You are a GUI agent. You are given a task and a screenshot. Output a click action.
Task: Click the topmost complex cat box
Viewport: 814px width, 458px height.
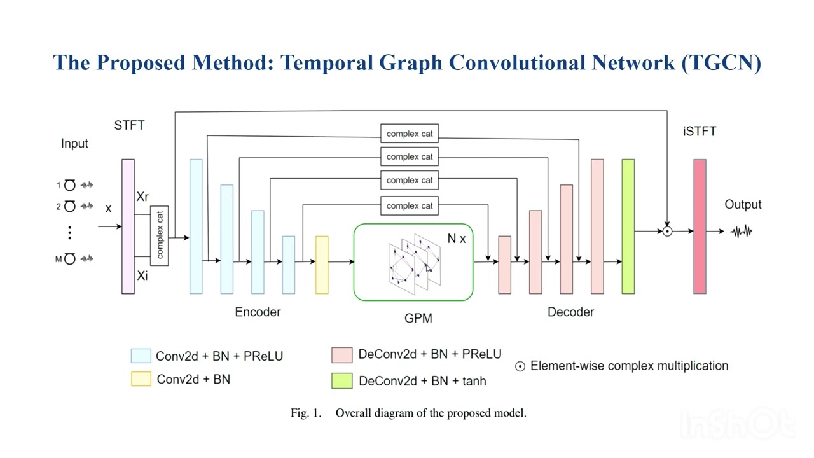(x=410, y=134)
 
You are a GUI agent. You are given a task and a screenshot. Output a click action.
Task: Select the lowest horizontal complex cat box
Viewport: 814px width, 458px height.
(x=410, y=205)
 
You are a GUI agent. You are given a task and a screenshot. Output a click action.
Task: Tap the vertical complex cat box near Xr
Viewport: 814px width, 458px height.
(x=159, y=235)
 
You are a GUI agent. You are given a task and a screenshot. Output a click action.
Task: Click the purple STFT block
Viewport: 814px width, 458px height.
(x=128, y=226)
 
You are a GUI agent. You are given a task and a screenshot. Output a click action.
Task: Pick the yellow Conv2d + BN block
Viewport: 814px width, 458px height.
(x=322, y=265)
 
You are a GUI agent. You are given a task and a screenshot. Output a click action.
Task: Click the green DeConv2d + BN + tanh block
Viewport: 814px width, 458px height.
(x=628, y=226)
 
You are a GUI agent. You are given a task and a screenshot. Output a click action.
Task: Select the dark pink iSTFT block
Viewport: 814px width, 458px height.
(x=700, y=226)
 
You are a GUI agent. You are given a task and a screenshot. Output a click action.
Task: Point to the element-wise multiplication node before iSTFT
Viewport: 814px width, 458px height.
(x=667, y=232)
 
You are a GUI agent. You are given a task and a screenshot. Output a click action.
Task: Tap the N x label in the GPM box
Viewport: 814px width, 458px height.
(x=456, y=239)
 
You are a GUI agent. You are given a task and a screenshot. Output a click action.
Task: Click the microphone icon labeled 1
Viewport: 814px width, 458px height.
(x=70, y=185)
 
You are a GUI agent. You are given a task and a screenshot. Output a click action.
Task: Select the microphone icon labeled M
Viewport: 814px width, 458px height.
(x=70, y=258)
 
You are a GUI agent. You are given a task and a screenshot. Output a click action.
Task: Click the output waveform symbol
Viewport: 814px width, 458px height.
(x=742, y=232)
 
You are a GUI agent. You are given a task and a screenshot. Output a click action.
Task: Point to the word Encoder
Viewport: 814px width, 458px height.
(x=258, y=312)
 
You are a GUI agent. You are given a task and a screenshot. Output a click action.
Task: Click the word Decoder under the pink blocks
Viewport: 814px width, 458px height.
(x=570, y=312)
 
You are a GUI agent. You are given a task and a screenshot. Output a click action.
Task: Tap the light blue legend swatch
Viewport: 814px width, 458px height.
(x=141, y=356)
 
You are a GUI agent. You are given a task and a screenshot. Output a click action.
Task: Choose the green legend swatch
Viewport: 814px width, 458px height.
(x=341, y=380)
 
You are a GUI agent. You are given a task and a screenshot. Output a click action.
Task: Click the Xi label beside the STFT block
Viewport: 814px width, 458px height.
(x=142, y=275)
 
